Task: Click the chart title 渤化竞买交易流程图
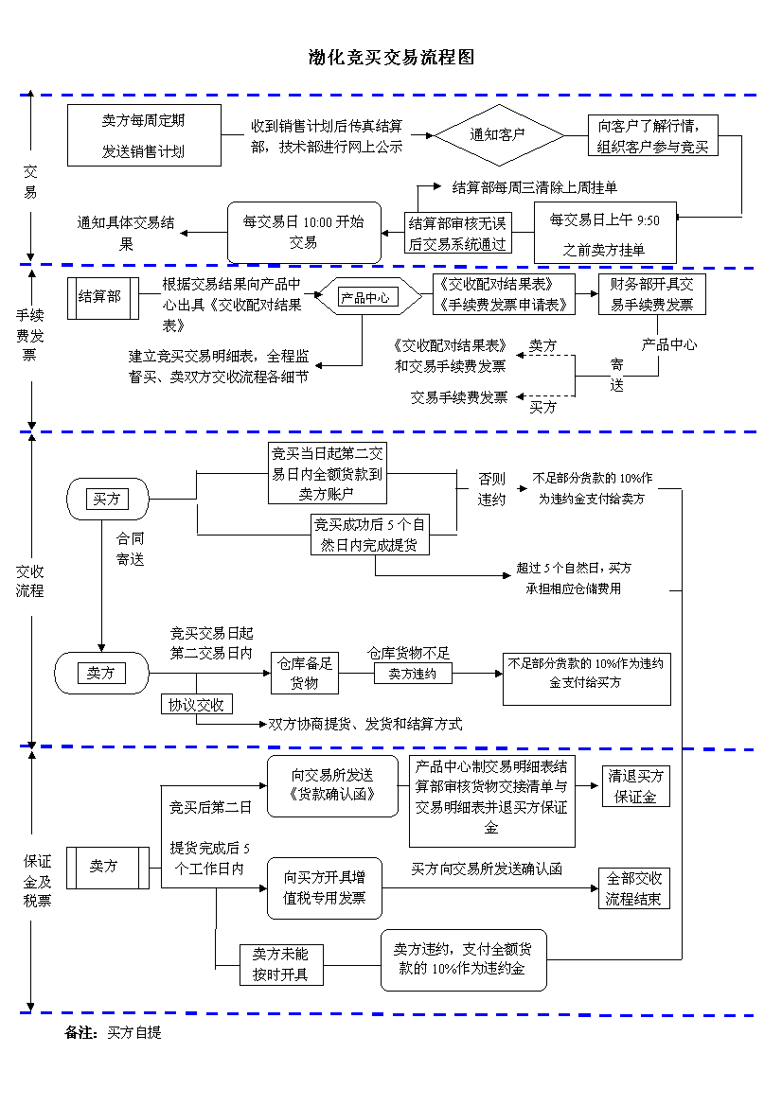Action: tap(391, 58)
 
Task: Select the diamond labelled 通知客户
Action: tap(497, 135)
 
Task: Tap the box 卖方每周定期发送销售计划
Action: tap(144, 135)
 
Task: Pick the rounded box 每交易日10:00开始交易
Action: tap(303, 232)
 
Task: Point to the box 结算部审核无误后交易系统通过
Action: tap(458, 233)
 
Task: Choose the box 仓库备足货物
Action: tap(305, 674)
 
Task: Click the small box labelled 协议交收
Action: tap(196, 705)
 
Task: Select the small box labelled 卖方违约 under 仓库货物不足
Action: tap(413, 674)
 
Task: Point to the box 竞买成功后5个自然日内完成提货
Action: tap(371, 535)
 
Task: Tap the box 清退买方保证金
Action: tap(636, 786)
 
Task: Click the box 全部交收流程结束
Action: tap(634, 888)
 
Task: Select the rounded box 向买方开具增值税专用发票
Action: tap(325, 887)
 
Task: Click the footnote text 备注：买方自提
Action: tap(113, 1032)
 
